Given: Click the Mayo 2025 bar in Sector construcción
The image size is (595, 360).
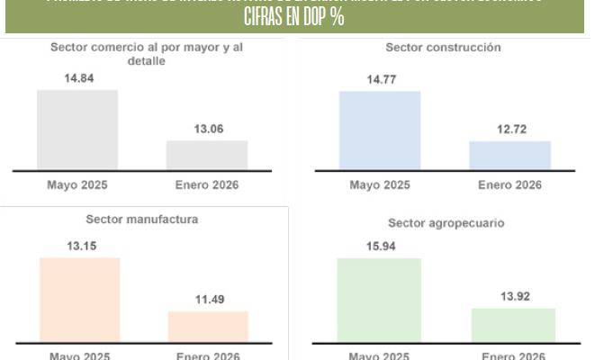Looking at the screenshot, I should [379, 130].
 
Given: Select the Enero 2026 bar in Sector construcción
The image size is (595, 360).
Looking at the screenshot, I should [509, 155].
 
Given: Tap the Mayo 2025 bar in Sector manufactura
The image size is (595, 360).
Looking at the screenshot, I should [79, 300].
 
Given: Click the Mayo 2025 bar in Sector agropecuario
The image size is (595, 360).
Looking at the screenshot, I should [379, 301].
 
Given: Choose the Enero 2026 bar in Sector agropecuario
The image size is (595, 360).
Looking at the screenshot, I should [513, 325].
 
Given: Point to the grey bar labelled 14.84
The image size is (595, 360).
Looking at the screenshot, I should [77, 130].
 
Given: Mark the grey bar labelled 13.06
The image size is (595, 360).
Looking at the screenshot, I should [207, 155].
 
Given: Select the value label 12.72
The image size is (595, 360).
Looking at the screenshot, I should [509, 130].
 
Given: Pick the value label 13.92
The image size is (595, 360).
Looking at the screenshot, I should [513, 297].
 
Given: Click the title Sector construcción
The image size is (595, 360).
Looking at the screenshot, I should [444, 47].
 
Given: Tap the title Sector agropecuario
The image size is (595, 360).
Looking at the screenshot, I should [446, 221].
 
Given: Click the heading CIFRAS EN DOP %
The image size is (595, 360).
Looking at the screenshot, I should [294, 18].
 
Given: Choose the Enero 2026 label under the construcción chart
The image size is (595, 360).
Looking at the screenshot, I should [509, 184].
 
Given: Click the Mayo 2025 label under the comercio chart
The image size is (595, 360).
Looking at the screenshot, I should [77, 184].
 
